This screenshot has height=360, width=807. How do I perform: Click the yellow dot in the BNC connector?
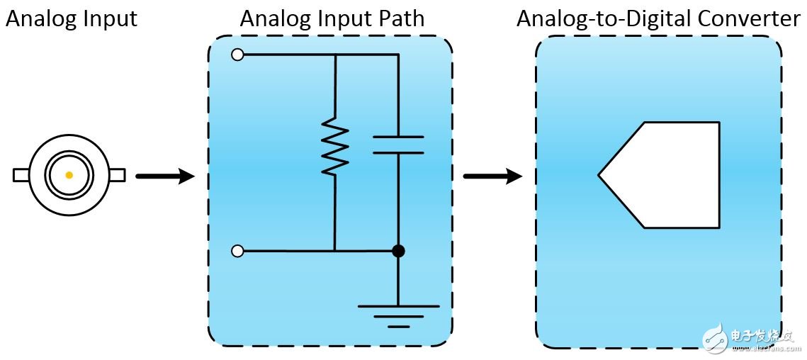pos(69,175)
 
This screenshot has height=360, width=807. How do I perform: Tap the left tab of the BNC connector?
pos(21,175)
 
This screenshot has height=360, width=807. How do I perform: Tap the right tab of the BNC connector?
pos(117,174)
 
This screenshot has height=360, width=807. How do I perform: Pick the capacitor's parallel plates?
pos(397,145)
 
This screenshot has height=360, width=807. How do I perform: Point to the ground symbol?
pos(398,313)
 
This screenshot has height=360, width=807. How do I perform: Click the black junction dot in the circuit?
pos(398,251)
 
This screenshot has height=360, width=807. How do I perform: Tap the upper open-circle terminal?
pos(237,55)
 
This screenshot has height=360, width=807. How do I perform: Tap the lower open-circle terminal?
pos(237,251)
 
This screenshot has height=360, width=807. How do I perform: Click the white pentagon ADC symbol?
pos(666,175)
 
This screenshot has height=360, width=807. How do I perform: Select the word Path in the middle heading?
pos(402,19)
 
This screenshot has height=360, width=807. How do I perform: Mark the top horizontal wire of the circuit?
pos(319,55)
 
